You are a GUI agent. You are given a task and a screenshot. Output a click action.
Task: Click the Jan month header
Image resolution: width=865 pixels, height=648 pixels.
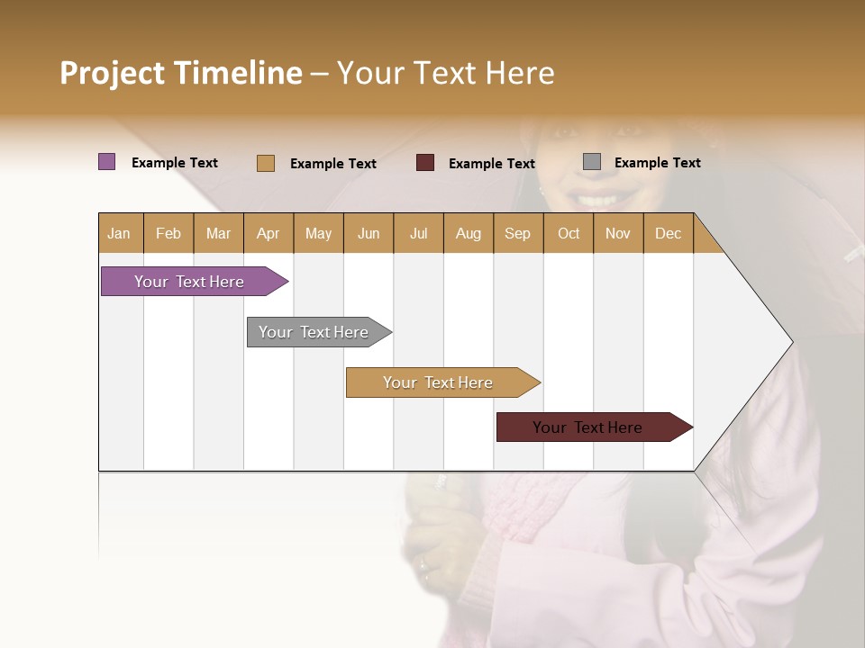[119, 234]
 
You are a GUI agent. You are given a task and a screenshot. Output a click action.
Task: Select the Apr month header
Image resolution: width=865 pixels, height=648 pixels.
[269, 234]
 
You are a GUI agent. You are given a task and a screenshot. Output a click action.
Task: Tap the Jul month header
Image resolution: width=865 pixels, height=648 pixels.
[418, 234]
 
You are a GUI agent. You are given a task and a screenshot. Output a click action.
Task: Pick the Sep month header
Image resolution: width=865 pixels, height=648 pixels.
[518, 234]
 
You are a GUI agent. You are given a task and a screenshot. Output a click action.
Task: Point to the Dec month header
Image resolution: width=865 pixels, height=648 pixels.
[668, 234]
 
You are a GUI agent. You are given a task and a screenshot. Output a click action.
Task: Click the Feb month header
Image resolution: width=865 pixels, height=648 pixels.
[168, 234]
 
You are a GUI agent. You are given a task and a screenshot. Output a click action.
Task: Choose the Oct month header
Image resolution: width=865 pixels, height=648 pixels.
[569, 234]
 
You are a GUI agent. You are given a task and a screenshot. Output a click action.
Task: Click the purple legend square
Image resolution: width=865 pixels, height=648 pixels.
[106, 162]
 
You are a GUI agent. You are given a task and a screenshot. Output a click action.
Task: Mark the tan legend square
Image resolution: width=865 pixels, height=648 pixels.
[265, 163]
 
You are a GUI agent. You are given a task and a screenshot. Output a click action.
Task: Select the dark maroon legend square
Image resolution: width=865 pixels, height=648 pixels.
[425, 163]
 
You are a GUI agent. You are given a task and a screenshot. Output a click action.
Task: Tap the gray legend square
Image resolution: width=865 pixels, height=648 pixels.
[591, 162]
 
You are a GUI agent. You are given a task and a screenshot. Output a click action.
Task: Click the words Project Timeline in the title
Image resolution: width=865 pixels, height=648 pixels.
[180, 73]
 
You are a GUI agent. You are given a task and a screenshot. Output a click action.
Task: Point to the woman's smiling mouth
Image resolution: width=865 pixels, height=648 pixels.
[596, 198]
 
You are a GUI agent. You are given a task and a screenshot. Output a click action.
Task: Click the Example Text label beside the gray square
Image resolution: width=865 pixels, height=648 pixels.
[657, 163]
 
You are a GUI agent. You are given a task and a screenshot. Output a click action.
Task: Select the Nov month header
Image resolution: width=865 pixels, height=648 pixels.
[618, 234]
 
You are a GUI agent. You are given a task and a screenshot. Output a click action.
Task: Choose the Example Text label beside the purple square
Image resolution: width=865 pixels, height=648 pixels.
[175, 163]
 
